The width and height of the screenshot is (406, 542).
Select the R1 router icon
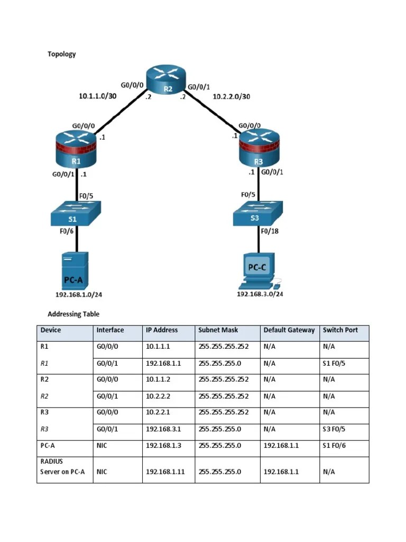coord(77,151)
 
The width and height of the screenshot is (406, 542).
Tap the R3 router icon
coord(259,151)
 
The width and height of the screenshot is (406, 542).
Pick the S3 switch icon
coord(259,214)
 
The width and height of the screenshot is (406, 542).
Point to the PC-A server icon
coord(75,270)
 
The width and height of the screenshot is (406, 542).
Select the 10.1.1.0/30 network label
coord(97,96)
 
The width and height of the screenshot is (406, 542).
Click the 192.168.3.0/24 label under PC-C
coord(260,294)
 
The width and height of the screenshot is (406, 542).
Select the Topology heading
coord(62,54)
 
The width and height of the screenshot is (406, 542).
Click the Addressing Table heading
coord(73,314)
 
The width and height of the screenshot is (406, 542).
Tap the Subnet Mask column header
coord(218,330)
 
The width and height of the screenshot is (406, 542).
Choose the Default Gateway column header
coord(289,330)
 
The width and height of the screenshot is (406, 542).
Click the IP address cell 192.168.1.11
coord(165,472)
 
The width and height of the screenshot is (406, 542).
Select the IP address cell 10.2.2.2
coord(158,396)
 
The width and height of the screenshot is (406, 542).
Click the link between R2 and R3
coord(211,113)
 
